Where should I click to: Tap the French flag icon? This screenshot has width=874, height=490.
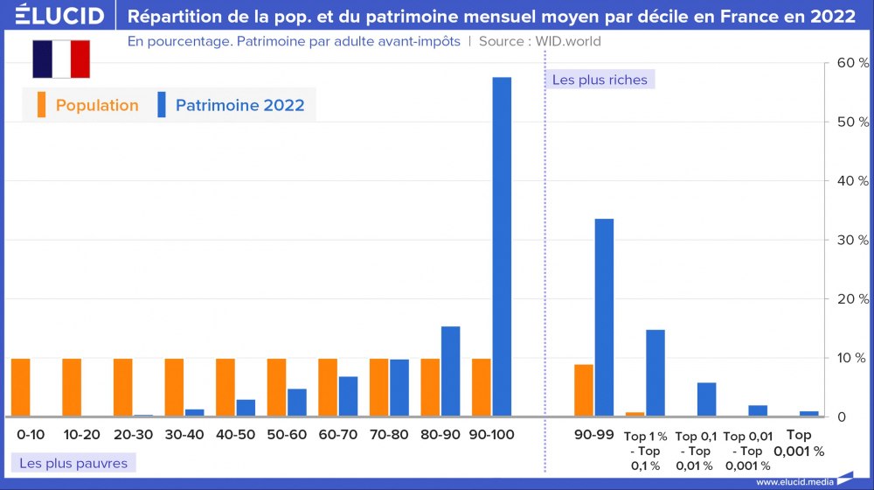[x=61, y=59]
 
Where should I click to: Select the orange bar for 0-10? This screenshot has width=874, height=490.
[x=21, y=388]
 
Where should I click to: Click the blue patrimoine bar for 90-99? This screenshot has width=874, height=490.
[x=604, y=318]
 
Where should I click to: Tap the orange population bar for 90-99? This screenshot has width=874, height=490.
[x=584, y=390]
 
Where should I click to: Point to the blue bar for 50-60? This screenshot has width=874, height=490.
[x=297, y=402]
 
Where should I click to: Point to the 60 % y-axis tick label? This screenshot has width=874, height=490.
[x=852, y=63]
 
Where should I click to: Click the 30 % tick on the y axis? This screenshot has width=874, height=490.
[x=852, y=240]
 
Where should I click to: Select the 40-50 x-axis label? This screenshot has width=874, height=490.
[x=235, y=435]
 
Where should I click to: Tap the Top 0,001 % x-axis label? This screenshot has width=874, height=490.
[x=799, y=443]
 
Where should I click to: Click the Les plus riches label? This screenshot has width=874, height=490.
[x=600, y=80]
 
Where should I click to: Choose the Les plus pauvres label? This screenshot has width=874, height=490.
[x=73, y=463]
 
